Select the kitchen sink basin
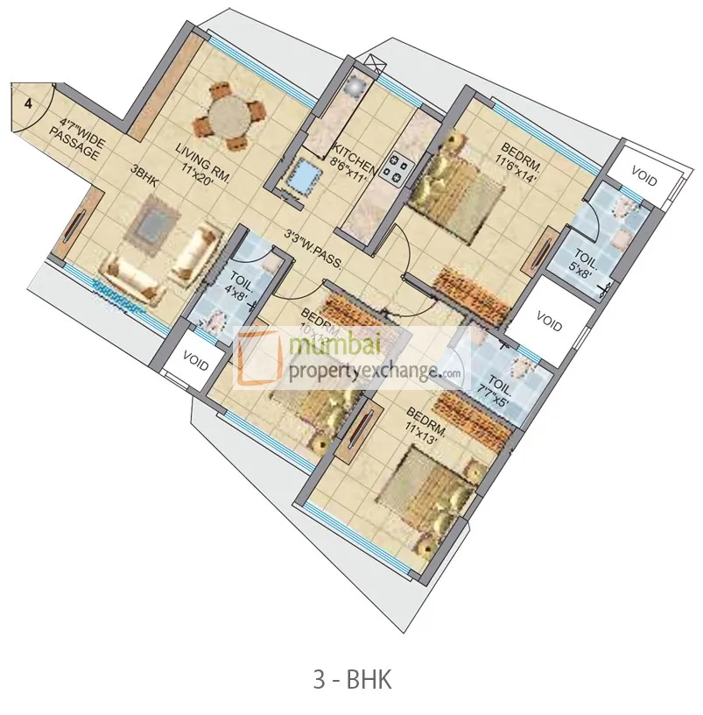(303, 176)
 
